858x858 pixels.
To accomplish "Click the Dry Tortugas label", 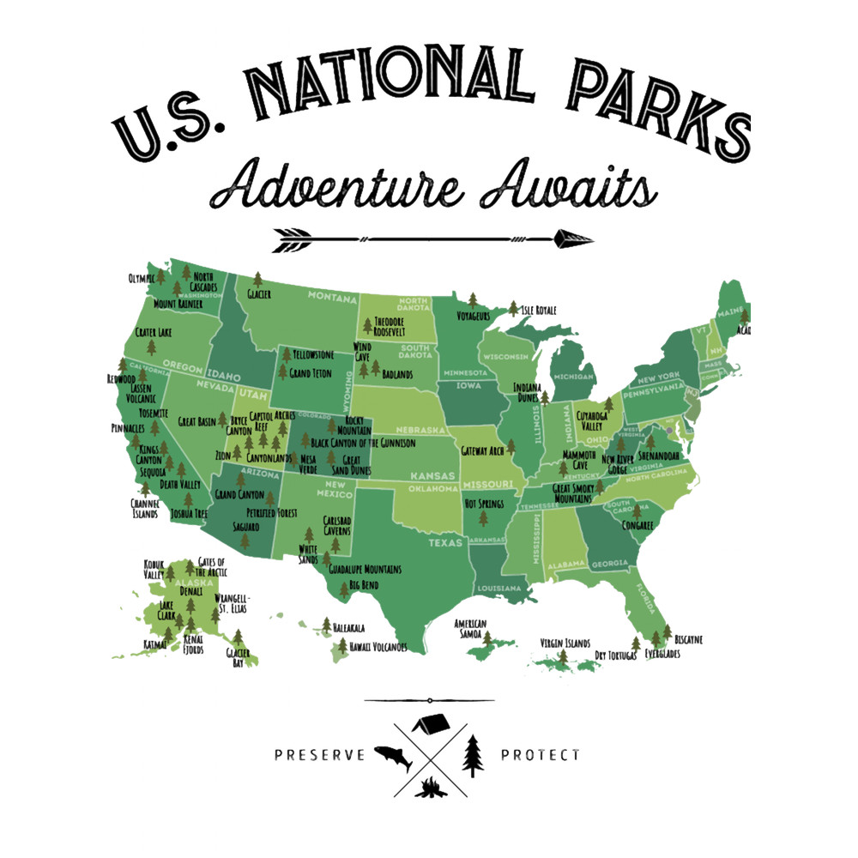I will click(x=616, y=656).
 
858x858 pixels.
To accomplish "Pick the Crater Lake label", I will click(x=154, y=332).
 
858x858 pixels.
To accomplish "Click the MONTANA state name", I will click(x=332, y=299).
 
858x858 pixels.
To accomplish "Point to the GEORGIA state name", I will click(x=609, y=564).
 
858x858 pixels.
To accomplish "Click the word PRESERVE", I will click(x=320, y=755).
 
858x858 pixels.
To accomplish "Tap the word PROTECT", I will click(x=540, y=755).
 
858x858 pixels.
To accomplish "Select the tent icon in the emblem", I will click(x=432, y=724).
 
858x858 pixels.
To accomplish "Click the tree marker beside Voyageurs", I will click(x=472, y=299).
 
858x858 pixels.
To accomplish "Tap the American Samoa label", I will click(x=470, y=628).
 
